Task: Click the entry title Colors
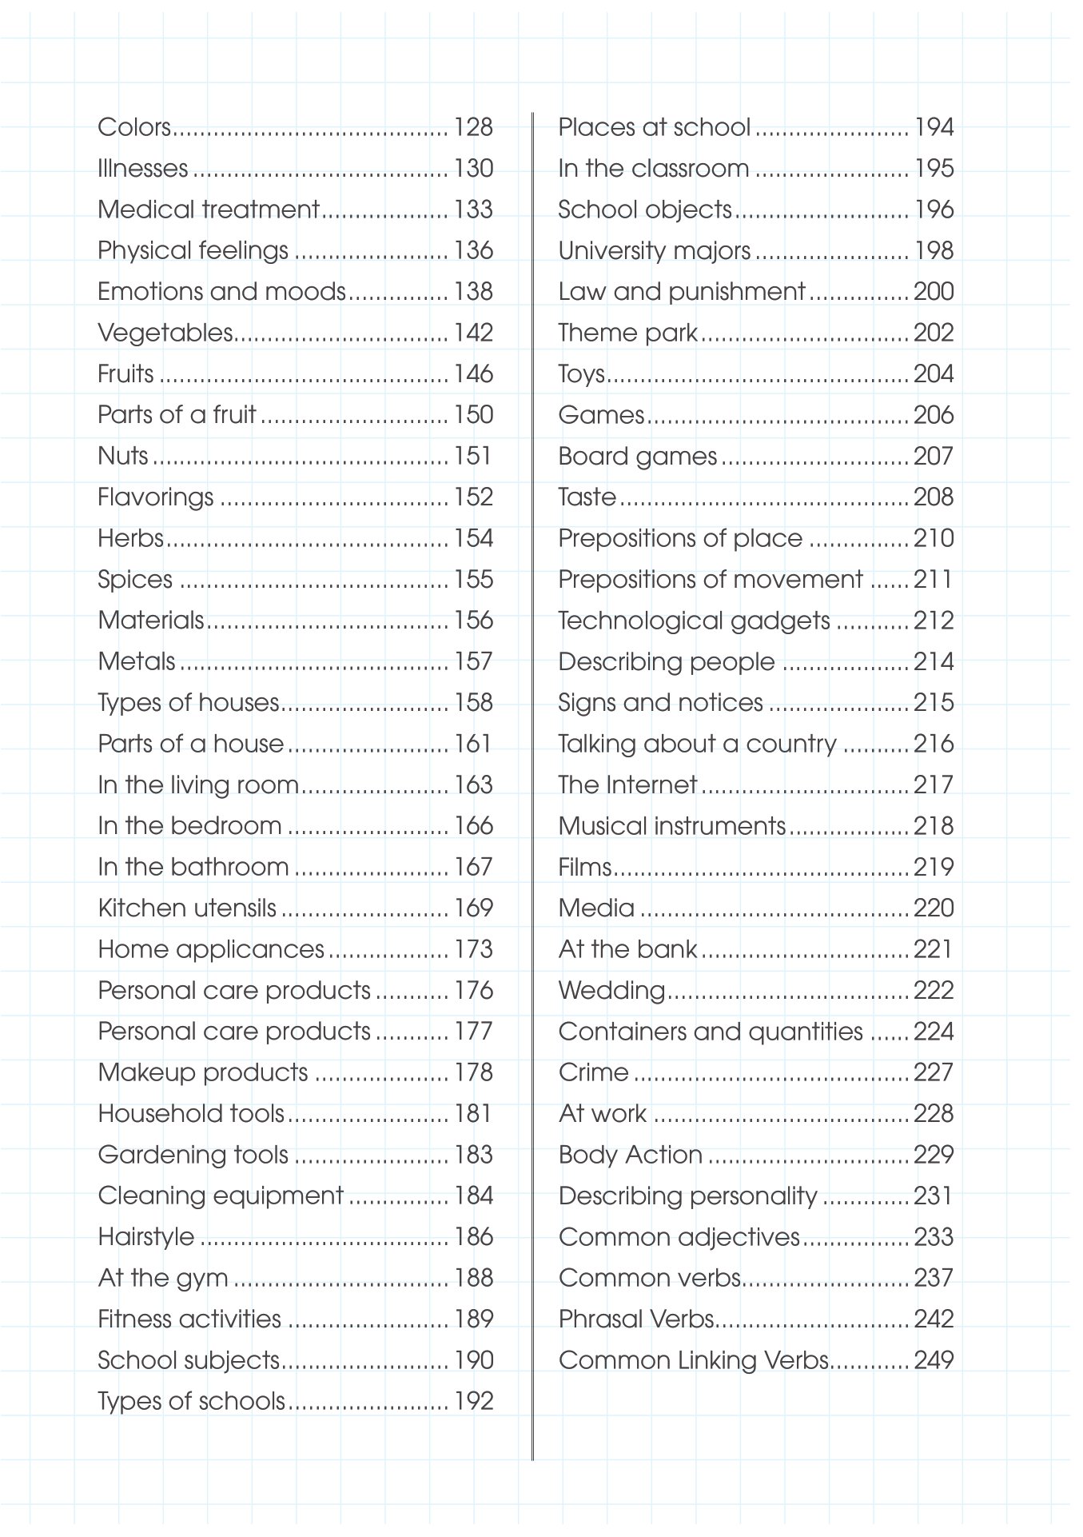tap(134, 127)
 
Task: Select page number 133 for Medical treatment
tap(473, 210)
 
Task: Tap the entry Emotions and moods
tap(221, 292)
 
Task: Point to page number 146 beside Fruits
tap(473, 374)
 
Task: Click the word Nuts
tap(123, 456)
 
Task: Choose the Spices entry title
tap(135, 580)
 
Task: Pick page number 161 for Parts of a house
tap(473, 744)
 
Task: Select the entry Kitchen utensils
tap(187, 908)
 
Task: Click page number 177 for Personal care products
tap(473, 1032)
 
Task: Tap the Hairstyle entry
tap(146, 1237)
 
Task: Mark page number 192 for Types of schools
tap(473, 1401)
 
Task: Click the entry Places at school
tap(654, 127)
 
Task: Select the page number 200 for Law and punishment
tap(934, 292)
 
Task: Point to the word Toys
tap(582, 374)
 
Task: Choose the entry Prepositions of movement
tap(711, 580)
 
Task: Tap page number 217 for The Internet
tap(934, 785)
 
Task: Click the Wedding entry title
tap(611, 991)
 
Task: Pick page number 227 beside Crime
tap(934, 1072)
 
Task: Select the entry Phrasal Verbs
tap(636, 1319)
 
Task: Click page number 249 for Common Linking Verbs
tap(934, 1360)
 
